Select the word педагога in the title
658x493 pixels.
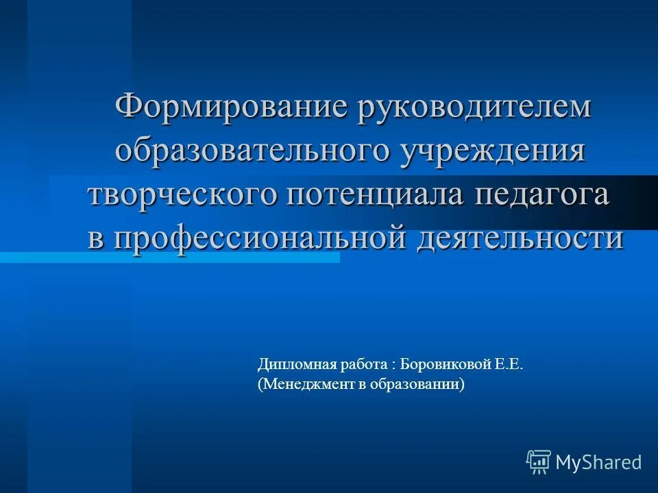point(541,194)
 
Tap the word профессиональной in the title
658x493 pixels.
point(250,238)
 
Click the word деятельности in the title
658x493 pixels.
point(520,238)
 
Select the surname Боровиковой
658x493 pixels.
point(444,366)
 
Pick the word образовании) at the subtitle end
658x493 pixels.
point(419,385)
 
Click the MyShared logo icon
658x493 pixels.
point(539,462)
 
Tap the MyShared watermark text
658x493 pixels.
point(598,463)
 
